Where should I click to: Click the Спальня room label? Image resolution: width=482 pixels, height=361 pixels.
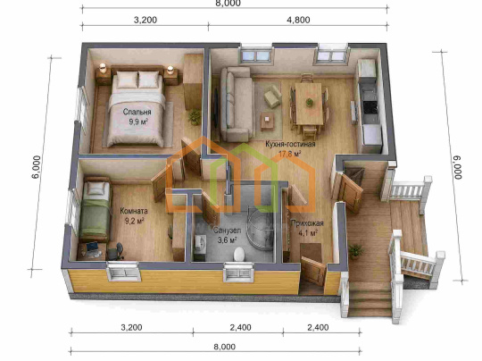point(137,112)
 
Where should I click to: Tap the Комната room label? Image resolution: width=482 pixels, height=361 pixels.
point(134,211)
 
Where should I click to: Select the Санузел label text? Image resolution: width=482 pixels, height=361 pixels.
point(228,231)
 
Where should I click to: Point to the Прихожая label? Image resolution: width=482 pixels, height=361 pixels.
point(307,223)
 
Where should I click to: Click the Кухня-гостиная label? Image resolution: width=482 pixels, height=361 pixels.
point(290,144)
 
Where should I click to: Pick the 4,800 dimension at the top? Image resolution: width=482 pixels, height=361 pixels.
point(298,20)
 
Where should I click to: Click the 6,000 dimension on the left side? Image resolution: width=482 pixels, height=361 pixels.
point(37,167)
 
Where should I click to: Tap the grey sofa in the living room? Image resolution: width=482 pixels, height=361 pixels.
point(237,104)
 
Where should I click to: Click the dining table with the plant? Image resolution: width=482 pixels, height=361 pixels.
point(309,104)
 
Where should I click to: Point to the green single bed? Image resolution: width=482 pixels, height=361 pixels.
point(95,209)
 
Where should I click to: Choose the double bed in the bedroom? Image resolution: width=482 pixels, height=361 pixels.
point(137,108)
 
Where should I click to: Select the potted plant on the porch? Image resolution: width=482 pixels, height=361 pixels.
point(355,250)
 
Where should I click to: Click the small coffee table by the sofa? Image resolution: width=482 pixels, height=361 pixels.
point(268,121)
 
